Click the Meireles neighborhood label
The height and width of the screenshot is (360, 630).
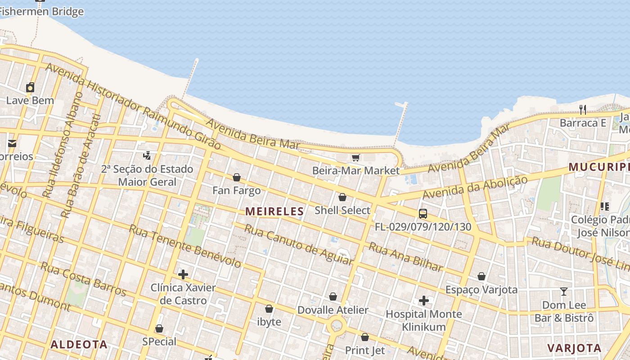(x=274, y=211)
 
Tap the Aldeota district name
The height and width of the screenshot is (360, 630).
(x=79, y=345)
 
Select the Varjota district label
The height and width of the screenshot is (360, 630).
(x=574, y=348)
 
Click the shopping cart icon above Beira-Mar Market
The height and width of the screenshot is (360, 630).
(x=356, y=157)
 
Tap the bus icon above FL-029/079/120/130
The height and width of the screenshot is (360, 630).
(x=423, y=214)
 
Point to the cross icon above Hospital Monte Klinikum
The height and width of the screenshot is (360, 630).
(x=423, y=300)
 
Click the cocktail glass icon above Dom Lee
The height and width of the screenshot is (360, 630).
(x=563, y=291)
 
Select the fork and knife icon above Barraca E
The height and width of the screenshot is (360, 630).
(x=583, y=109)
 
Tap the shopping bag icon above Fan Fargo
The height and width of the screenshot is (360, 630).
(x=236, y=177)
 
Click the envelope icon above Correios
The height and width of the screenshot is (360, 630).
(x=12, y=144)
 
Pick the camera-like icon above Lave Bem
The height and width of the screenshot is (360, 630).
(x=30, y=87)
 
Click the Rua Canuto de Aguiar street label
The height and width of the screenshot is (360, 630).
(x=298, y=245)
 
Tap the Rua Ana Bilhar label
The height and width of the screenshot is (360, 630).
(x=406, y=257)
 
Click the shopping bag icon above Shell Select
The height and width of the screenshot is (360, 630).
(x=342, y=197)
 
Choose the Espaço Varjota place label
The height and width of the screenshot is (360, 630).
(x=481, y=289)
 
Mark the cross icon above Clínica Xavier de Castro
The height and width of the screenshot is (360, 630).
(x=183, y=274)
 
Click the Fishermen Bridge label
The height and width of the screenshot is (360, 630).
(x=42, y=12)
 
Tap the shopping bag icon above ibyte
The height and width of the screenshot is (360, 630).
(x=269, y=309)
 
